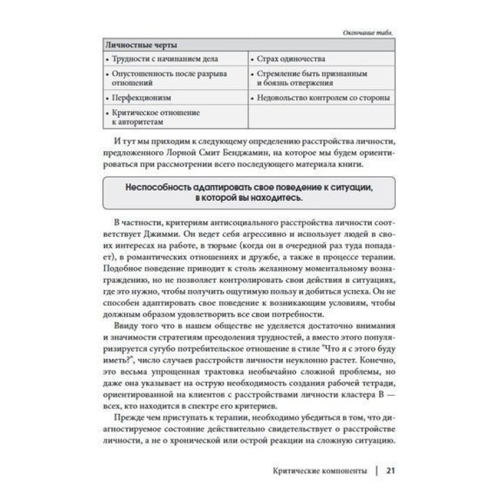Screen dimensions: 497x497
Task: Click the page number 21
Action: point(389,471)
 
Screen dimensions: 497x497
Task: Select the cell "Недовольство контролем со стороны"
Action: point(322,98)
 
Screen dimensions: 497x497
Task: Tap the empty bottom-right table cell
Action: point(321,116)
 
